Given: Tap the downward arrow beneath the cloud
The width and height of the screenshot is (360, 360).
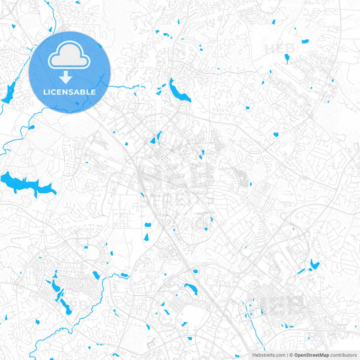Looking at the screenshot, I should pos(70,78).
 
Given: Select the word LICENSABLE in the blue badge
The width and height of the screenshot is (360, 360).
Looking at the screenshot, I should pos(70,92).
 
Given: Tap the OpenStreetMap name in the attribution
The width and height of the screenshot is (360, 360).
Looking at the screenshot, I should pos(311,355).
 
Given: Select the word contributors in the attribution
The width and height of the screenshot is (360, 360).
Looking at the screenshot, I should pos(344,355).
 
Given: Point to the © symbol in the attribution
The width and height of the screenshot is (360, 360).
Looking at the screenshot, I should pos(290,355).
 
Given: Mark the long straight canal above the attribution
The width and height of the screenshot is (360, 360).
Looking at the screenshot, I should pos(253,330).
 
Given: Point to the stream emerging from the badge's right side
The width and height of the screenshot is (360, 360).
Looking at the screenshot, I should pos(125,86).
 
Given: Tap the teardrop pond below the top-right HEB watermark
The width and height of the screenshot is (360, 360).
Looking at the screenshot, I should pos(286,59).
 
